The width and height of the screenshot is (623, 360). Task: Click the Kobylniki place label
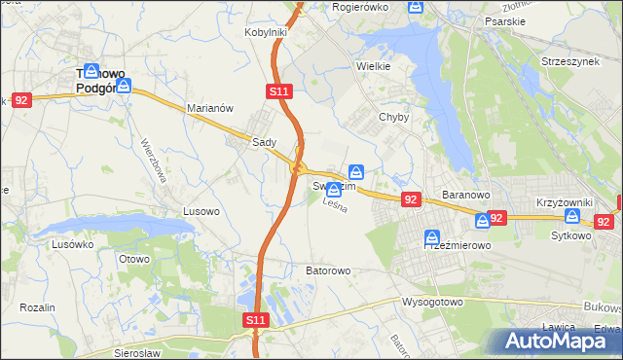tap(265, 32)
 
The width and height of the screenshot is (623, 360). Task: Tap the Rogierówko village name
tap(360, 7)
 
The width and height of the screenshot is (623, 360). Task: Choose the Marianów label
tap(209, 109)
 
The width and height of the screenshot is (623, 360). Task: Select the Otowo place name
tap(133, 259)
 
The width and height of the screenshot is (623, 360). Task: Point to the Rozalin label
tap(37, 307)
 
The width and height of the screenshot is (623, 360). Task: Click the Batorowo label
tap(328, 270)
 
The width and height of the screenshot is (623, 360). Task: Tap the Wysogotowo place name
tap(431, 302)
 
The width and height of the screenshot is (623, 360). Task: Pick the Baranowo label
tap(464, 195)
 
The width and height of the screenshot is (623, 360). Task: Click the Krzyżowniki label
tap(565, 202)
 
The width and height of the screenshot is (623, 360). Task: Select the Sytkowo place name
tap(570, 235)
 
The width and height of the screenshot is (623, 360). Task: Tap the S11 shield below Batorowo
tap(254, 319)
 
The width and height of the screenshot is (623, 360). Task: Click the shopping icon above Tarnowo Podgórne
tap(92, 71)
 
